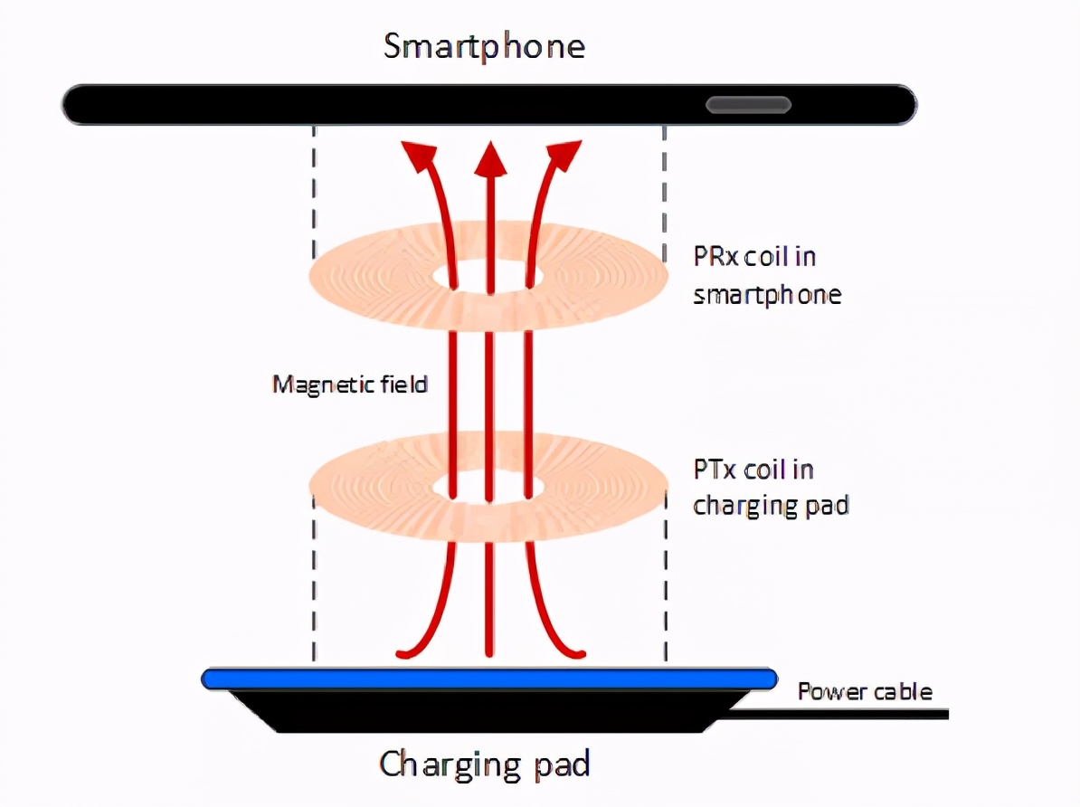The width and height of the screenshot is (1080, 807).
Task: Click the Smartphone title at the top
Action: pos(484,45)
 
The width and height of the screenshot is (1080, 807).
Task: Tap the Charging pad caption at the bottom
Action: pos(485,764)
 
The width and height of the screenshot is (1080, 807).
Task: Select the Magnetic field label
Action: pos(350,385)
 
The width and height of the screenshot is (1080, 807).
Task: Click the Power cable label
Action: pos(864,692)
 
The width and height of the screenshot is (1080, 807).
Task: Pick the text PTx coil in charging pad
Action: pos(771,488)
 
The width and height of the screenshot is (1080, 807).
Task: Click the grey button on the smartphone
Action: pos(749,105)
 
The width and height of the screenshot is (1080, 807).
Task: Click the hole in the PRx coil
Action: pos(489,276)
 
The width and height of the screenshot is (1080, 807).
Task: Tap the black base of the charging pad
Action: pos(488,711)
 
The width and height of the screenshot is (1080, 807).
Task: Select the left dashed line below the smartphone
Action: pos(314,190)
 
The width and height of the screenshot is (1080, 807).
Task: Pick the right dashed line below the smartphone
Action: pos(665,190)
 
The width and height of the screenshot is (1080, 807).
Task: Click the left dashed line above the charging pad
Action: pos(314,588)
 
